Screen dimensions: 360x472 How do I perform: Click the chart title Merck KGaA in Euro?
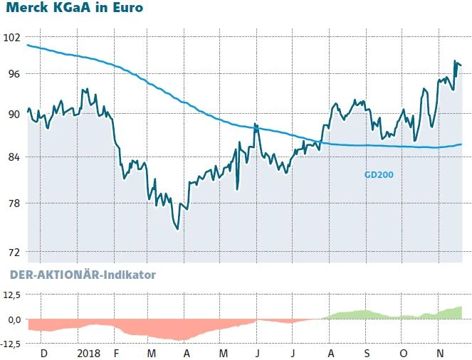(x=75, y=9)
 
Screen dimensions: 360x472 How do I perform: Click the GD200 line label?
(x=379, y=174)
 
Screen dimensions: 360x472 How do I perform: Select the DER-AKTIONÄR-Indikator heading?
(x=82, y=274)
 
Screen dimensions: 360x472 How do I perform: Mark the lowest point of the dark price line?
(x=177, y=230)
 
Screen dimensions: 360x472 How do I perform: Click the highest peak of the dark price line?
(x=454, y=62)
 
